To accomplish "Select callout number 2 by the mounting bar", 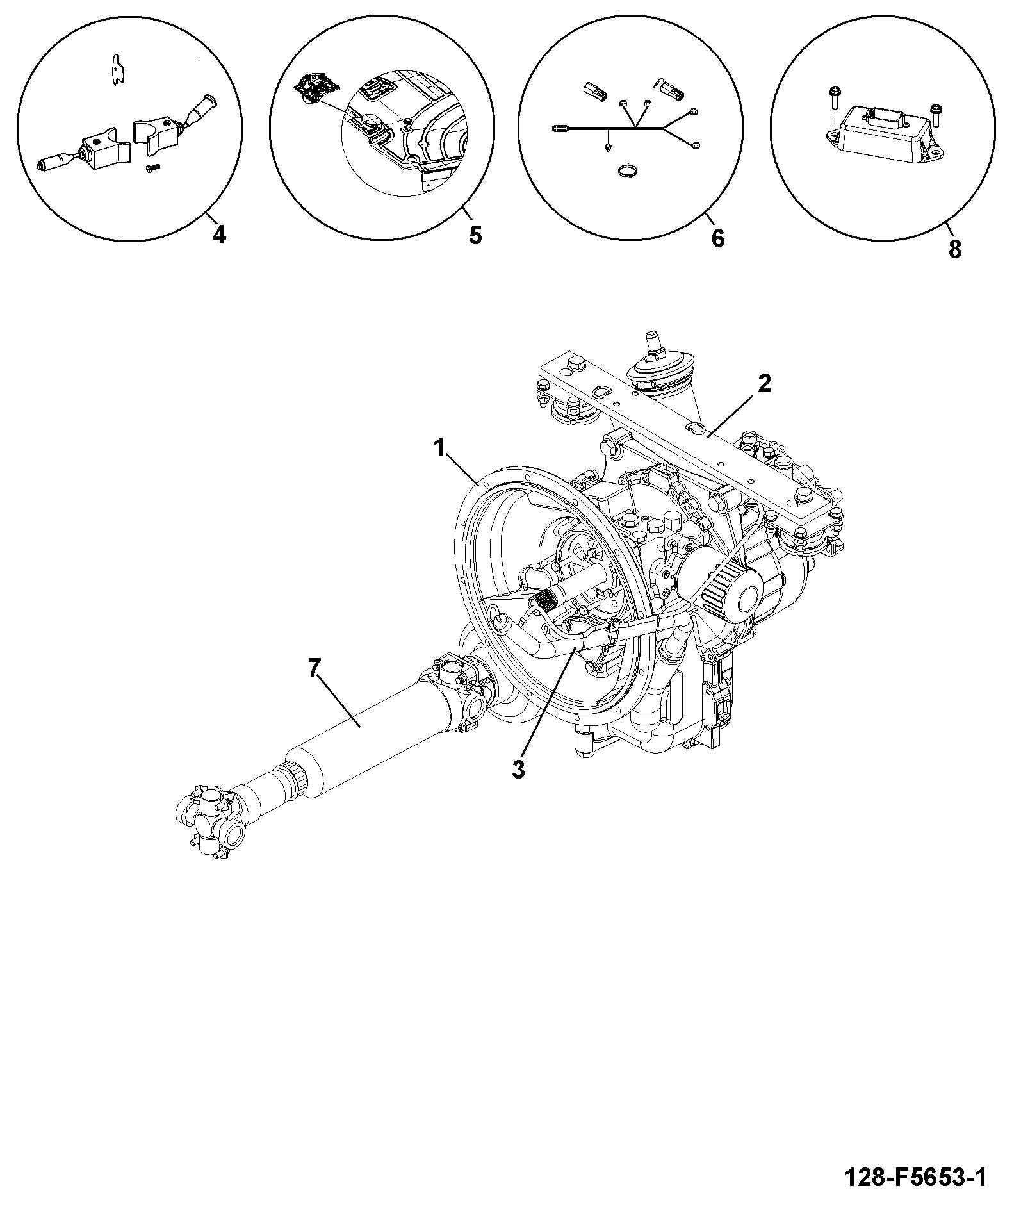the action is tap(764, 384).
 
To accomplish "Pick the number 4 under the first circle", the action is tap(219, 236).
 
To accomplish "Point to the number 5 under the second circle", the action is tap(475, 235).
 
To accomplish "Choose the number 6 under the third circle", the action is tap(718, 238).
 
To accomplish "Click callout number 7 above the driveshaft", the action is tap(313, 668).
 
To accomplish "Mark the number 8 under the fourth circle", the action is tap(955, 249).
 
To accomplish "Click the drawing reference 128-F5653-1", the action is tap(916, 1176).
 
